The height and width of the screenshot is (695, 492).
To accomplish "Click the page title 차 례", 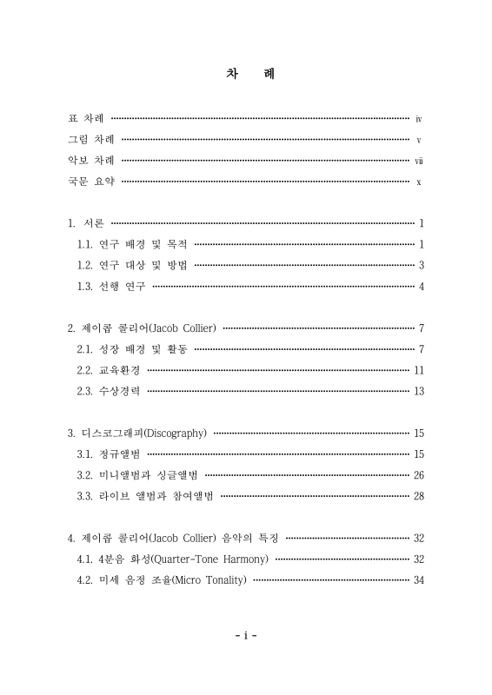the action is coord(246,75).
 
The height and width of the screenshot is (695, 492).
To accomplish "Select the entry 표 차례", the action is coord(87,117).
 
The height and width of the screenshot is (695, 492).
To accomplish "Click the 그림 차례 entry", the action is coord(92,139).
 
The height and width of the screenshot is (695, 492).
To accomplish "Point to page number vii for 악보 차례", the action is coord(418,161).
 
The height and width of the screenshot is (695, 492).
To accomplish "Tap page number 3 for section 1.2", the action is coord(421,265).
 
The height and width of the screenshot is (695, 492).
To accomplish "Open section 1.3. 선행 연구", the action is coord(112,286).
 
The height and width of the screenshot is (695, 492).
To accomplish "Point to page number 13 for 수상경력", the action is coord(418,391).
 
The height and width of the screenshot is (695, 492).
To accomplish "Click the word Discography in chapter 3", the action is coord(174,433).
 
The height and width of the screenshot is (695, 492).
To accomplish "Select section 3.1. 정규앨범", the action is coord(110,453).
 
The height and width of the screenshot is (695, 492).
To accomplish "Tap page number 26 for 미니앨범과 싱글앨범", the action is coord(418,474).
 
